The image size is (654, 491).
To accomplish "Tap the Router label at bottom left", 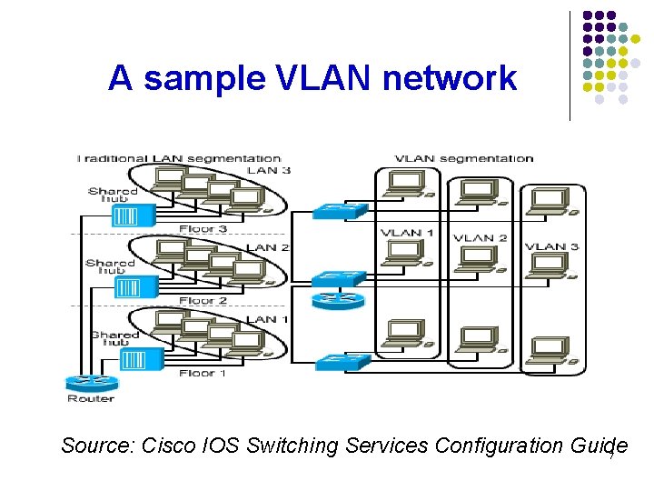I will coord(91,398).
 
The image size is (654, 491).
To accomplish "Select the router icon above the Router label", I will coord(91,382).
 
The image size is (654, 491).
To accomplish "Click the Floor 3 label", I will coord(203,229).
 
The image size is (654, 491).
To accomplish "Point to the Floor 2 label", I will coord(203,300).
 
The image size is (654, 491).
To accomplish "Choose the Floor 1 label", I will coord(203,373).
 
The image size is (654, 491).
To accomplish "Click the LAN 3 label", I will coord(270,170).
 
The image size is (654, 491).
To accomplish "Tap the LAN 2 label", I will coord(269,247).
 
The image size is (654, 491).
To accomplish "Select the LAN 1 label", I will coord(269,319).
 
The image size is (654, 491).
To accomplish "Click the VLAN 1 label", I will coord(407,233).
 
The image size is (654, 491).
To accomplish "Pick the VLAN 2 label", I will coord(480,238).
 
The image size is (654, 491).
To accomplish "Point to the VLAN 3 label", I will coord(551,246).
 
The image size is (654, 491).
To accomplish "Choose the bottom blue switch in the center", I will coord(342,361).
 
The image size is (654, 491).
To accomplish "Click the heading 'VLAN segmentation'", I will coord(464,158).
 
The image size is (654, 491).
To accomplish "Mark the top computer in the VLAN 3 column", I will coord(551,202).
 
